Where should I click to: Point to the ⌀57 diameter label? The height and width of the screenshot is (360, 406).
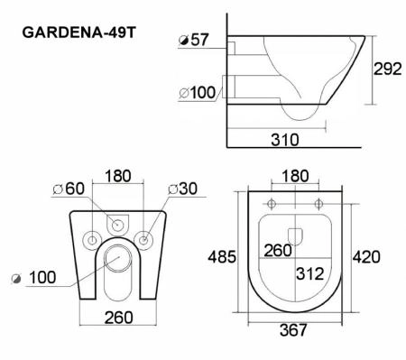[x=195, y=42]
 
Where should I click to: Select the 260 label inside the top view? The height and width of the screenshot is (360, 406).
[x=277, y=250]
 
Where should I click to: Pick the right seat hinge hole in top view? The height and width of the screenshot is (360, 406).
[x=319, y=201]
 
